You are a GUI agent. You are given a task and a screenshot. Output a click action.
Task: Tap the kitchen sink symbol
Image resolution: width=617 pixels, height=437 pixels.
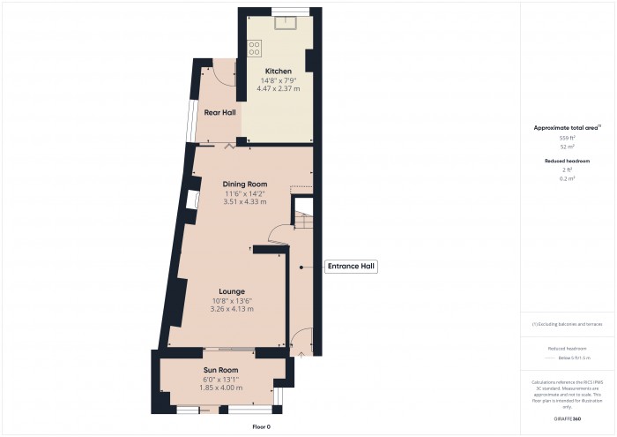pyautogui.click(x=284, y=22)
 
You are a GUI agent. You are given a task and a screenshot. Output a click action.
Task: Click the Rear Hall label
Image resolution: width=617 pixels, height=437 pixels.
pyautogui.click(x=219, y=113)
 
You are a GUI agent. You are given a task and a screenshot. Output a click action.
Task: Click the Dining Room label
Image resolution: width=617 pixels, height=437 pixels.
pyautogui.click(x=244, y=184)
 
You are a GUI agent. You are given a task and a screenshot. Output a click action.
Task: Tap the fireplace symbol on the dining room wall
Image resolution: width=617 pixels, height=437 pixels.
pyautogui.click(x=191, y=201)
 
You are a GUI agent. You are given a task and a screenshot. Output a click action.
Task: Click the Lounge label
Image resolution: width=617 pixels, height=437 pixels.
pyautogui.click(x=233, y=291)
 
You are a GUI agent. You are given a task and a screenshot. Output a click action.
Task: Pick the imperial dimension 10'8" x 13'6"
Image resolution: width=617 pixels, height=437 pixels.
pyautogui.click(x=233, y=301)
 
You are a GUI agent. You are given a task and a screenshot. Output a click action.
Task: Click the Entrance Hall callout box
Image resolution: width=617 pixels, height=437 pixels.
pyautogui.click(x=352, y=266)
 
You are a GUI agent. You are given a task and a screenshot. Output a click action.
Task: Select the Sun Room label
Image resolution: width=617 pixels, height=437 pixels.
pyautogui.click(x=221, y=370)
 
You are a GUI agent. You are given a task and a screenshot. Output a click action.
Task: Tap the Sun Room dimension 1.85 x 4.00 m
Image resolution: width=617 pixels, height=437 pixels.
pyautogui.click(x=221, y=388)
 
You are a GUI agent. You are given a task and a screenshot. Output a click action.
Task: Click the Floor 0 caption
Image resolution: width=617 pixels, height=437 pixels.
pyautogui.click(x=262, y=426)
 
